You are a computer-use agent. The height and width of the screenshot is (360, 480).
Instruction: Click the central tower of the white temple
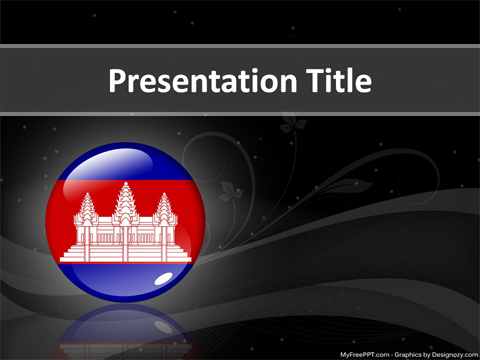pyautogui.click(x=126, y=204)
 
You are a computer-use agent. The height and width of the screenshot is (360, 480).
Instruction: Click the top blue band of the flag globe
pyautogui.click(x=126, y=163)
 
